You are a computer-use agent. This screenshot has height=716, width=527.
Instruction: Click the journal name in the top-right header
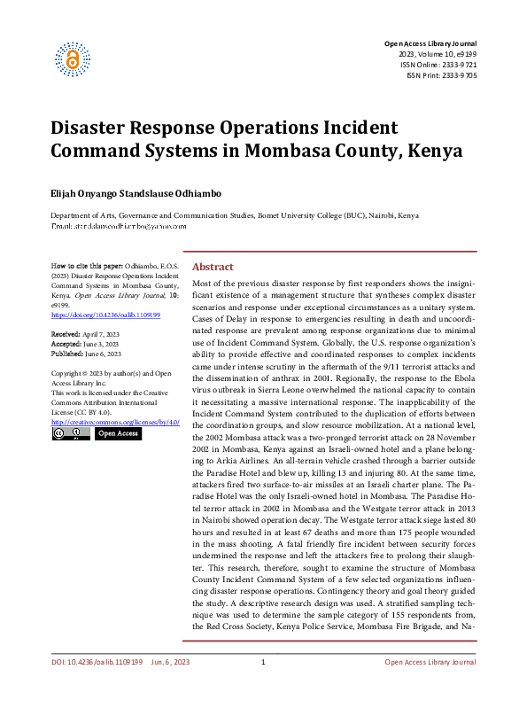430,43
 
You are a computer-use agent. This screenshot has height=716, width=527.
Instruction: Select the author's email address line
118,227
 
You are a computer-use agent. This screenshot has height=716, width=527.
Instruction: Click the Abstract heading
213,267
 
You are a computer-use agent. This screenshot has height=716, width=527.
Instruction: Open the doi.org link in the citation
105,315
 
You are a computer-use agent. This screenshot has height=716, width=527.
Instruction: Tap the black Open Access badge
115,434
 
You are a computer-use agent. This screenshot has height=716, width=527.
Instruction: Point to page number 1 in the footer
263,687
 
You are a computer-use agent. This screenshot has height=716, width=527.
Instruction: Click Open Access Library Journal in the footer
430,687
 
